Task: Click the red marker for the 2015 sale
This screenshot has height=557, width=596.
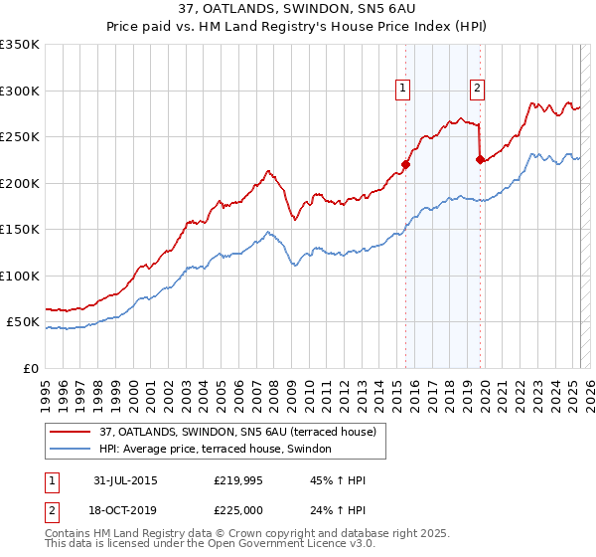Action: pos(405,165)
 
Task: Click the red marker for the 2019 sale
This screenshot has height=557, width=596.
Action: pos(480,157)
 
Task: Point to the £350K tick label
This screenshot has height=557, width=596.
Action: pos(20,45)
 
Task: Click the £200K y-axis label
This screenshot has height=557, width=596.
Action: pos(20,183)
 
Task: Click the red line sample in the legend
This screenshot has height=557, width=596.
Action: pos(71,433)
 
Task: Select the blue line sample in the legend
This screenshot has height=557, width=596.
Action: pos(71,450)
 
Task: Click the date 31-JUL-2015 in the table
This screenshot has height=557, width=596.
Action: pos(120,480)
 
